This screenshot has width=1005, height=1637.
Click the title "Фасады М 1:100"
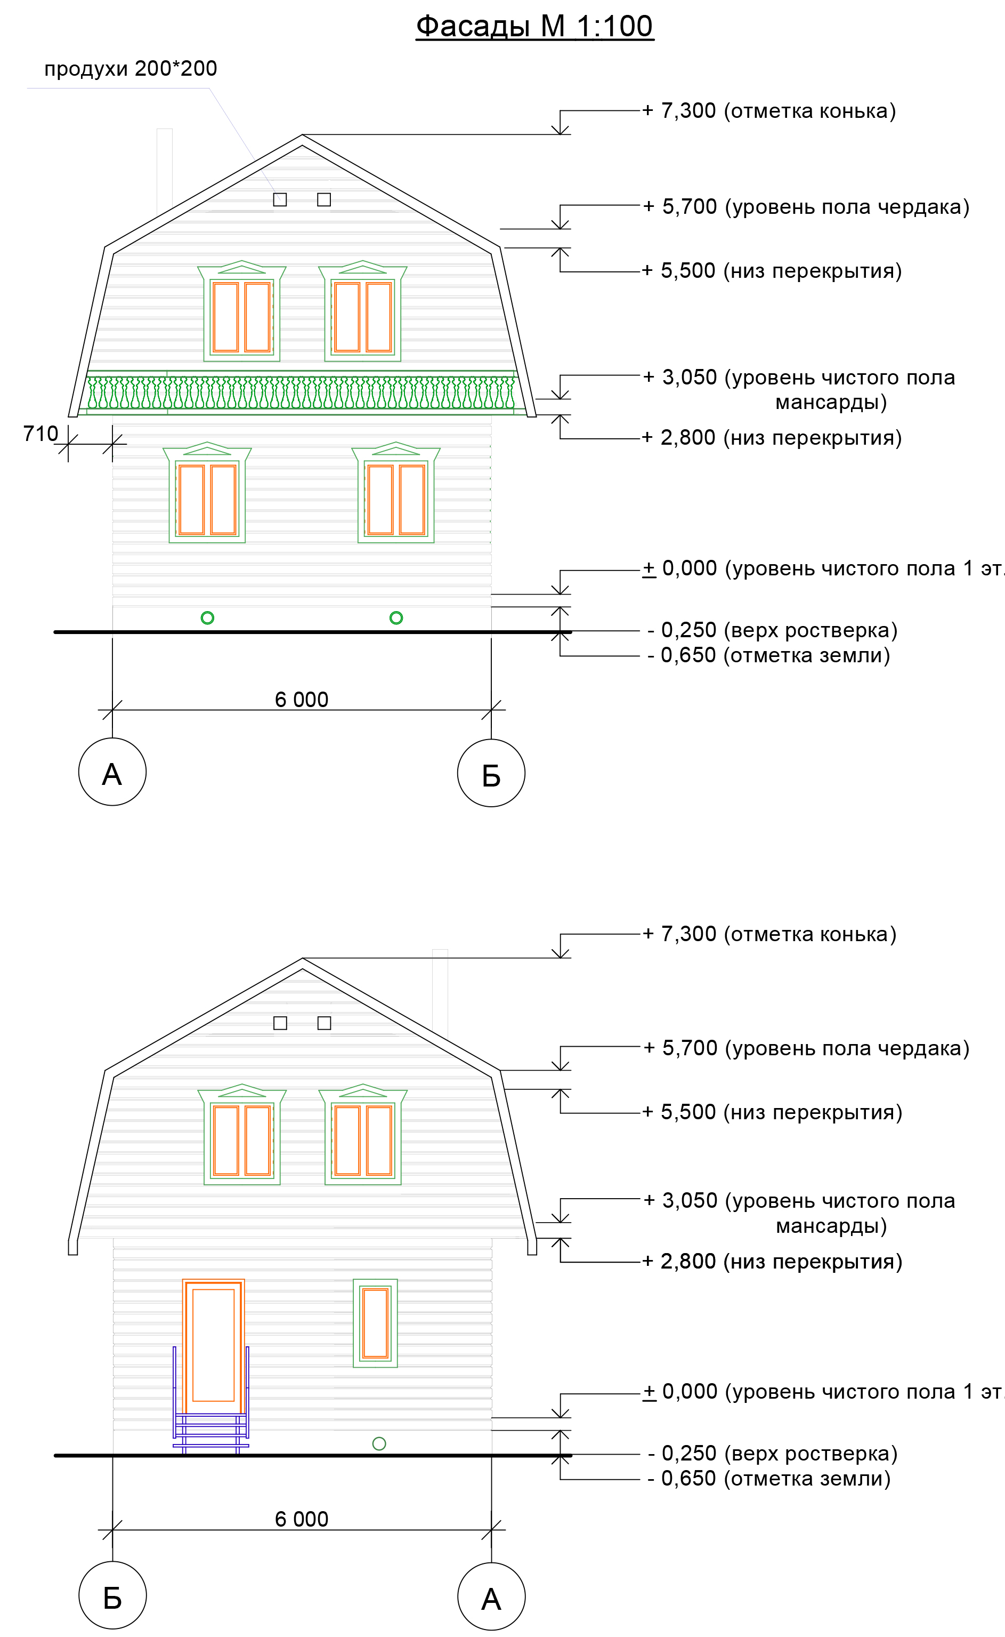(x=534, y=27)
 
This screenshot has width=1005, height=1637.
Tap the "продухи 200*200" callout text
(x=130, y=68)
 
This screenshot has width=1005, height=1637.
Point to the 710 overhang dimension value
(x=40, y=434)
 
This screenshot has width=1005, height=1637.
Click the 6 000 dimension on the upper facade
(x=301, y=700)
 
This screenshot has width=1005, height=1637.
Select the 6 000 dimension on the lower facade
(x=301, y=1519)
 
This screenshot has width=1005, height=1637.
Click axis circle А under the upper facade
(x=112, y=772)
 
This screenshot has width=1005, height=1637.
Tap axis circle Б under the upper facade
(x=491, y=773)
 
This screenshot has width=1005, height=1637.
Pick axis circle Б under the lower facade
(x=112, y=1596)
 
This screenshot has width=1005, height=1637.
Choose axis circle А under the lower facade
(x=491, y=1596)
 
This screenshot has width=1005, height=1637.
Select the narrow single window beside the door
(x=376, y=1322)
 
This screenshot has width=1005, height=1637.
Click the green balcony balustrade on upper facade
(x=301, y=392)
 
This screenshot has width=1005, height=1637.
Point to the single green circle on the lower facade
(x=379, y=1443)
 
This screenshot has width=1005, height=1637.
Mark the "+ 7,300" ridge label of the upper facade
(x=768, y=110)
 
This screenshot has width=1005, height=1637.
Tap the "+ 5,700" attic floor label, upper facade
(x=805, y=207)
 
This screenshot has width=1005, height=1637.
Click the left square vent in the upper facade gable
(x=280, y=199)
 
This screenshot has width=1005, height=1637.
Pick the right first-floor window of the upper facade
(x=395, y=495)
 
